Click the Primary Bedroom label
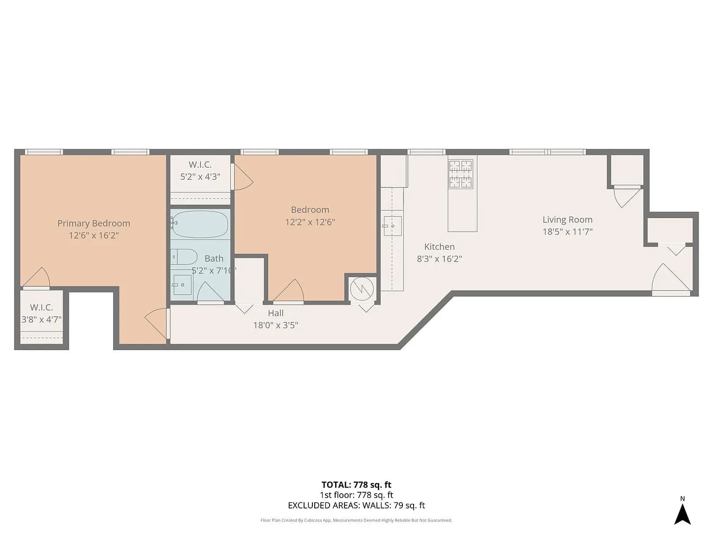tap(94, 223)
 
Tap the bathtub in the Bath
tap(200, 224)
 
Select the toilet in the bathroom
tap(184, 257)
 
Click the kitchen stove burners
tap(460, 174)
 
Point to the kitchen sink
tap(392, 226)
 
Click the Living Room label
tap(568, 220)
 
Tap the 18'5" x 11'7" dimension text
tap(568, 232)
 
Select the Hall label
tap(275, 313)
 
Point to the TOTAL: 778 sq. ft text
tap(356, 485)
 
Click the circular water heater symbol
tap(361, 289)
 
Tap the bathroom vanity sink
tap(182, 285)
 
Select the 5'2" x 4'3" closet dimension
tap(200, 177)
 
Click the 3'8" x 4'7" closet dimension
tap(41, 320)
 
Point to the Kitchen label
tap(439, 247)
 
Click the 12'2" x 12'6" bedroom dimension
tap(310, 222)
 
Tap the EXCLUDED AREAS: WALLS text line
tap(356, 505)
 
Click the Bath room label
tap(214, 259)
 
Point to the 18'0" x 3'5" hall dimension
tap(275, 325)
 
